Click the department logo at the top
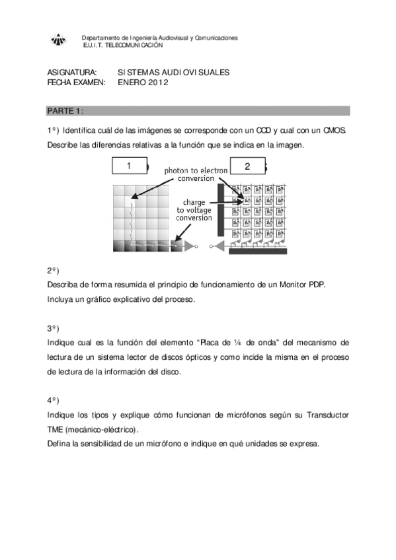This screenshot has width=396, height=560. [59, 41]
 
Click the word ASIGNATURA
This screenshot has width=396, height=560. [72, 72]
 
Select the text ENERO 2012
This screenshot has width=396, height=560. [143, 83]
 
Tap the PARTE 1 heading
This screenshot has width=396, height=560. [65, 110]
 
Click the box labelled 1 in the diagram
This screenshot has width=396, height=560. [130, 166]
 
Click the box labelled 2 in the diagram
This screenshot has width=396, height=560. [247, 166]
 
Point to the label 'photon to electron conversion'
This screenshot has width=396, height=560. [196, 174]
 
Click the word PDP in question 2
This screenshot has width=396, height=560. [316, 285]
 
